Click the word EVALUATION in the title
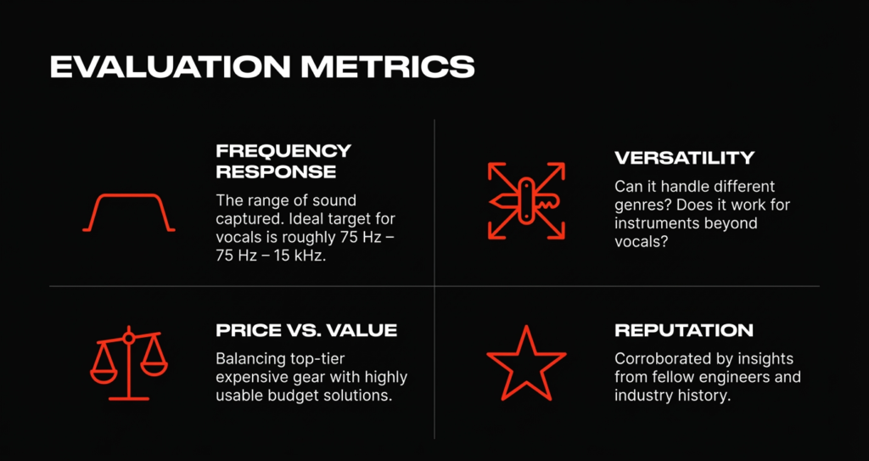pos(170,67)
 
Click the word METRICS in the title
pos(387,67)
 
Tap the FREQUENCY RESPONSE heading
pos(283,160)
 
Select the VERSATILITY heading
pos(685,158)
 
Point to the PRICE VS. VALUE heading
pos(306,330)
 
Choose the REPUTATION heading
pos(684,330)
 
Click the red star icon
pos(526,363)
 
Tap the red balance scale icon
pos(129,363)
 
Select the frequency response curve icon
pos(129,212)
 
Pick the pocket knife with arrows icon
pos(526,201)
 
